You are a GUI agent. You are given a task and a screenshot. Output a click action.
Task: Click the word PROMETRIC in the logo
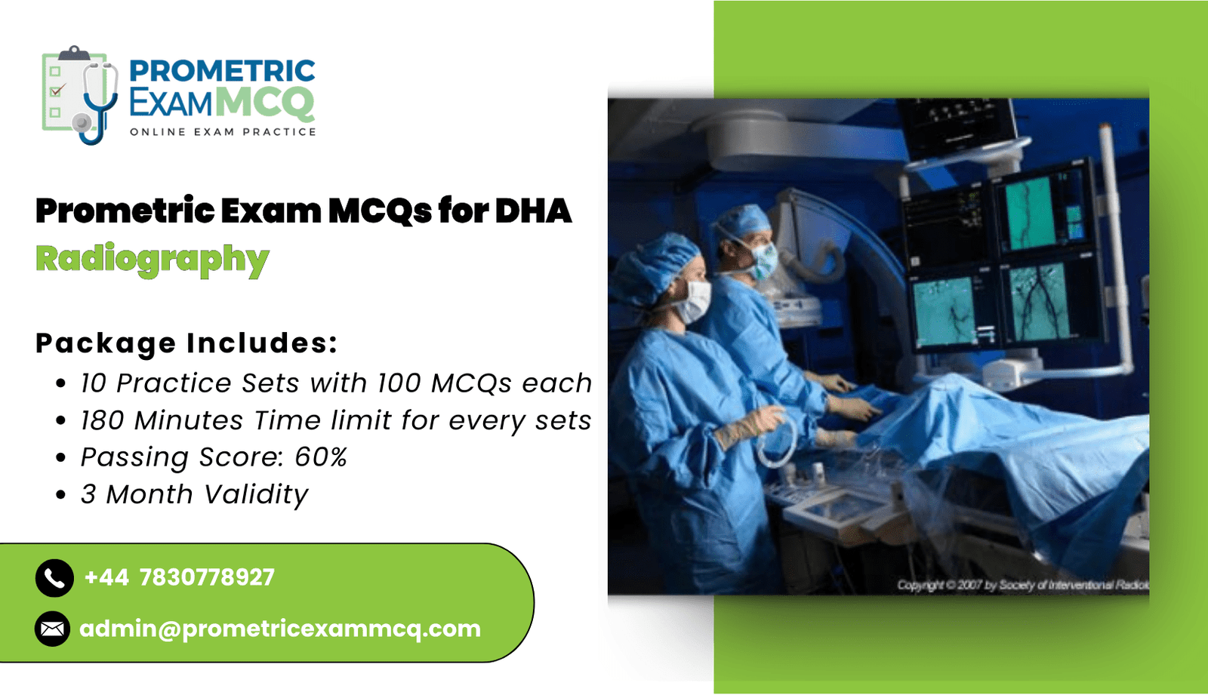click(x=222, y=71)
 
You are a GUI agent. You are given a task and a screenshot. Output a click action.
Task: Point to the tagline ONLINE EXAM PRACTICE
click(x=223, y=132)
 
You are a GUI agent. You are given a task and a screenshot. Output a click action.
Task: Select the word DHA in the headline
click(x=533, y=211)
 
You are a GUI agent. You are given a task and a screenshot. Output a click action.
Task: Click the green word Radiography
click(x=152, y=259)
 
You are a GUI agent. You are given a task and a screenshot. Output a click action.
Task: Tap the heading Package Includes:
click(x=186, y=343)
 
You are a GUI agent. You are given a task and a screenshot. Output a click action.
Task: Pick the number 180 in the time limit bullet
click(x=102, y=420)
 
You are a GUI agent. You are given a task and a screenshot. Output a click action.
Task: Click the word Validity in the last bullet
click(x=256, y=494)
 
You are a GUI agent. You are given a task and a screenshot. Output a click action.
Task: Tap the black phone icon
click(x=54, y=579)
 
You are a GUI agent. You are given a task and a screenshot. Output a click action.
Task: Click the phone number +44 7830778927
click(x=180, y=578)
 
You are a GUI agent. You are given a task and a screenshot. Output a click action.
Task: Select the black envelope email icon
click(x=53, y=629)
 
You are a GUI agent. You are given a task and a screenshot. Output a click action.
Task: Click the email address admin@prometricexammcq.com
click(x=280, y=629)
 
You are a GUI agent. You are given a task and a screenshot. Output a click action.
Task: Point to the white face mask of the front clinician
click(x=693, y=301)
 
